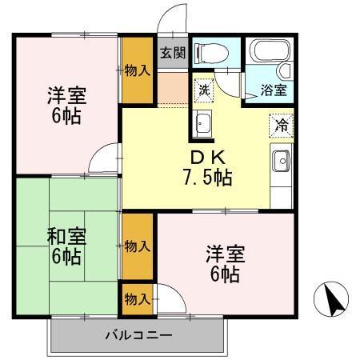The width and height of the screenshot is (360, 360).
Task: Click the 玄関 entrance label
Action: [171, 54]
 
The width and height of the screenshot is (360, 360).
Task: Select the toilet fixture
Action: [212, 51]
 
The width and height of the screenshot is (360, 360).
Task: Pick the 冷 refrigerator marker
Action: [282, 126]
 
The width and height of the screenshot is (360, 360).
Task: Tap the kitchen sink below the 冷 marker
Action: [281, 162]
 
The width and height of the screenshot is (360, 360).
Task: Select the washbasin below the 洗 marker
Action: [203, 124]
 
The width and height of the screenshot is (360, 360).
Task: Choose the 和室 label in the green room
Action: [67, 238]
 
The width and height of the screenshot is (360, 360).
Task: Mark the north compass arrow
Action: [336, 300]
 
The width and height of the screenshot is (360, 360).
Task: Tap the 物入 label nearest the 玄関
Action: [138, 70]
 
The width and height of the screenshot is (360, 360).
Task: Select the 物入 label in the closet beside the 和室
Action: [138, 246]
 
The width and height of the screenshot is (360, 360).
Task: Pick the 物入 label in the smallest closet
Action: [138, 299]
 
